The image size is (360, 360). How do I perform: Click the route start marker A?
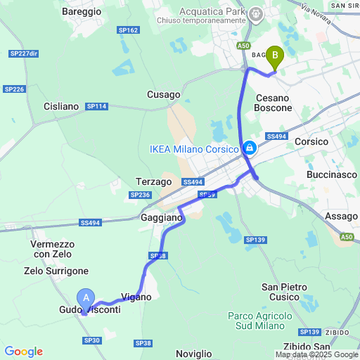pyautogui.click(x=86, y=298)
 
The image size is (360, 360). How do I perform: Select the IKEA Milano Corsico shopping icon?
pyautogui.click(x=249, y=148)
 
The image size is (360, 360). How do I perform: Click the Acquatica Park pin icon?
pyautogui.click(x=256, y=13)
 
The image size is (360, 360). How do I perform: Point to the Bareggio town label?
pyautogui.click(x=82, y=12)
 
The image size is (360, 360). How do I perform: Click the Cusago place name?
pyautogui.click(x=163, y=94)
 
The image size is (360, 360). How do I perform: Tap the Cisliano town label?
pyautogui.click(x=61, y=106)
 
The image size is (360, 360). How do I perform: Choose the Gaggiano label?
pyautogui.click(x=162, y=218)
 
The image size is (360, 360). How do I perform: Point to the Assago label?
pyautogui.click(x=342, y=217)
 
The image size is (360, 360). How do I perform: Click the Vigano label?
pyautogui.click(x=136, y=297)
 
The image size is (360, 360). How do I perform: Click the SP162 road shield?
pyautogui.click(x=129, y=30)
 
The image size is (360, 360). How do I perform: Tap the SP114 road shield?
pyautogui.click(x=96, y=106)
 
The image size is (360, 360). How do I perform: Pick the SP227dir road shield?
pyautogui.click(x=24, y=54)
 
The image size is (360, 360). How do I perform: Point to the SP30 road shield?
pyautogui.click(x=92, y=340)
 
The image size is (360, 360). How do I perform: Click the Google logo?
pyautogui.click(x=23, y=352)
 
